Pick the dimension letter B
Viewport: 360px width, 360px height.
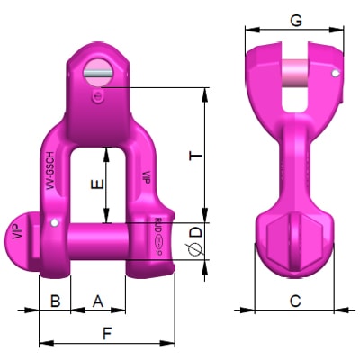pyautogui.click(x=55, y=301)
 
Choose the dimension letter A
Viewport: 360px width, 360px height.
pyautogui.click(x=97, y=301)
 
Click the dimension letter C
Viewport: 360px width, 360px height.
pyautogui.click(x=294, y=301)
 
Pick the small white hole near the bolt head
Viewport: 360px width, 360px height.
pyautogui.click(x=55, y=222)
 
